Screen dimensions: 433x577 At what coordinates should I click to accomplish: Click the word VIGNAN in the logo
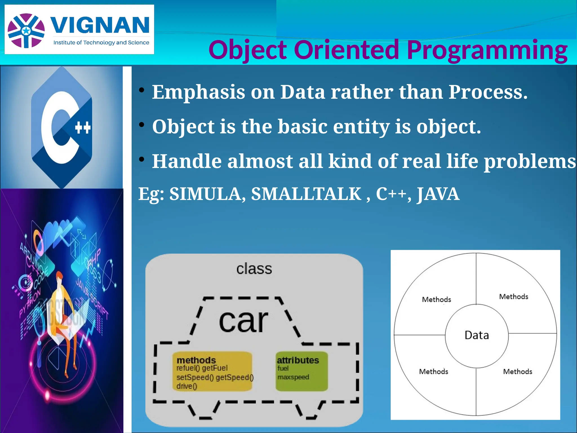click(x=100, y=25)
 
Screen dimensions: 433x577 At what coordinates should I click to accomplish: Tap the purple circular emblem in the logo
click(x=26, y=31)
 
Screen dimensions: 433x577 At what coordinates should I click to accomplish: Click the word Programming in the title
click(x=487, y=50)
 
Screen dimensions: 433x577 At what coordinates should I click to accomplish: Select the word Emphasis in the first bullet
click(x=199, y=92)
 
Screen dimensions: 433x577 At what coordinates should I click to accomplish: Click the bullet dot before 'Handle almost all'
click(x=142, y=160)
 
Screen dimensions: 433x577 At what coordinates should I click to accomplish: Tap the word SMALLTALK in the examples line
click(x=306, y=194)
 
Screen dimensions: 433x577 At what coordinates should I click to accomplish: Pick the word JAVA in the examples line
click(x=438, y=194)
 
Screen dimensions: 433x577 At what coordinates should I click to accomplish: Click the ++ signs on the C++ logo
click(x=83, y=128)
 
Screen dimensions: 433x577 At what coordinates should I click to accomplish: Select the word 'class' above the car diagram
click(x=254, y=269)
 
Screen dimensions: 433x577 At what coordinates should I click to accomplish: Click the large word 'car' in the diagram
click(x=243, y=321)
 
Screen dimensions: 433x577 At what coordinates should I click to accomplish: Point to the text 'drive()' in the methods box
click(x=187, y=386)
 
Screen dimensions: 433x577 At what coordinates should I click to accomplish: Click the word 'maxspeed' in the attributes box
click(x=293, y=377)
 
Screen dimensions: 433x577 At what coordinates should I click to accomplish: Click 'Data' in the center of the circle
click(x=477, y=335)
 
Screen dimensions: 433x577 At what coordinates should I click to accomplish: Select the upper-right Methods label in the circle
click(x=514, y=297)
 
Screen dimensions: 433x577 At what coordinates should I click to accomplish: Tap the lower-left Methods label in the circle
click(x=434, y=372)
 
